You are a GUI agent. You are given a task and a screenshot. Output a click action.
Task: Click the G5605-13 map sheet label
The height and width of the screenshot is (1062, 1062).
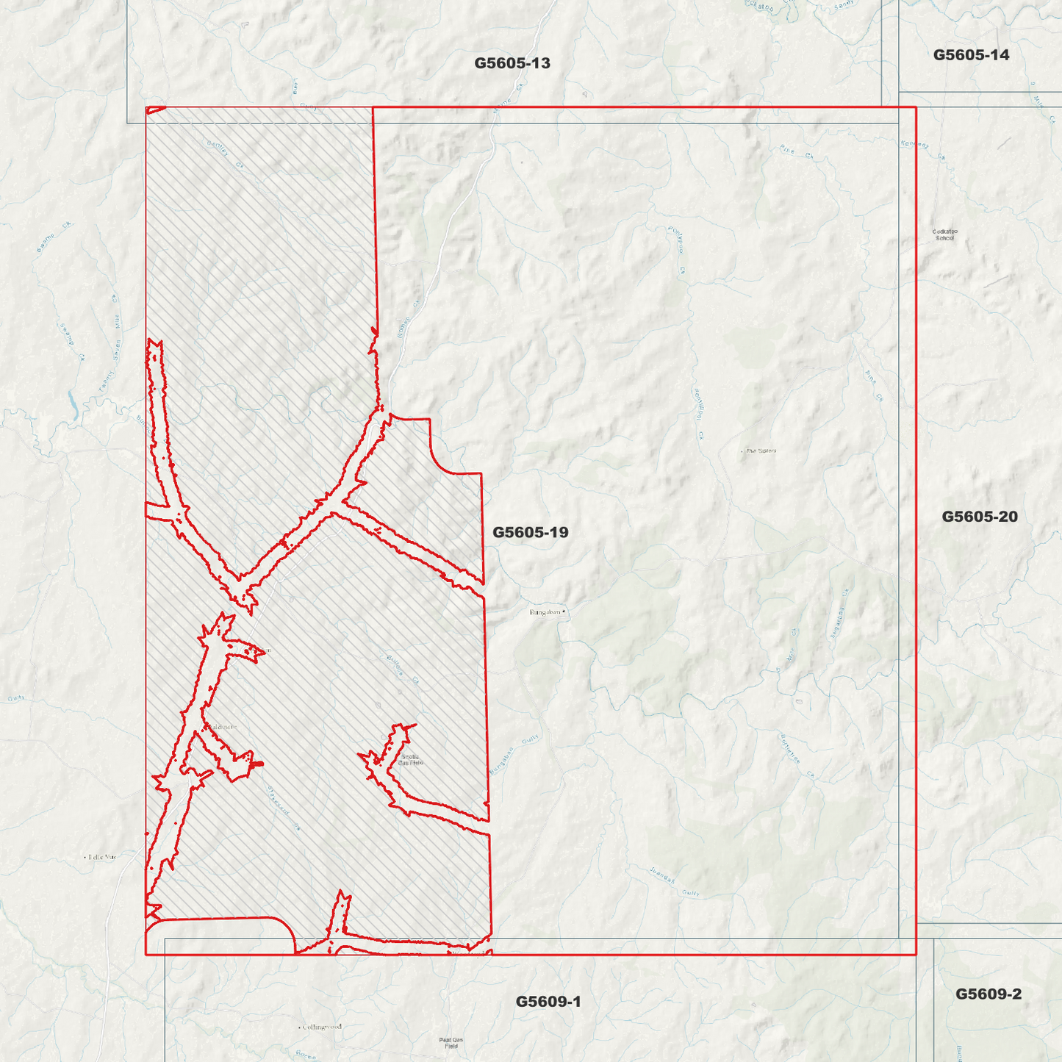coord(512,63)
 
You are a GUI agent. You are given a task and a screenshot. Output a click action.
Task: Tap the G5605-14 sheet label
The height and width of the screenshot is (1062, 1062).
coord(971,55)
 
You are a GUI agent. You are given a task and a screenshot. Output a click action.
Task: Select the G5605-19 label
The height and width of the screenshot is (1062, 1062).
coord(530,532)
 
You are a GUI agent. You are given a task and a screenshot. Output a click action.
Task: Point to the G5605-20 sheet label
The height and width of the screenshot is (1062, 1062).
coord(980,517)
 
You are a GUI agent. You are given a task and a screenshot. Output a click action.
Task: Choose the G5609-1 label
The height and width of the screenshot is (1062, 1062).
coord(548,1002)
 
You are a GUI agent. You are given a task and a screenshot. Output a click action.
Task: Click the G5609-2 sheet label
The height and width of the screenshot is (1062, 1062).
coord(988,994)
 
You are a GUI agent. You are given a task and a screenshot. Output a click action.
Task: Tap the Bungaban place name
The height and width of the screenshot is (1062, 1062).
coord(545,611)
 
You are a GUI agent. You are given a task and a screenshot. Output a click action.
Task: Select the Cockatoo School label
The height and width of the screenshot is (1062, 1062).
coord(944,234)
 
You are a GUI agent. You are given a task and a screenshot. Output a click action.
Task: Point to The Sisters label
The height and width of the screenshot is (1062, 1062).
coord(761,451)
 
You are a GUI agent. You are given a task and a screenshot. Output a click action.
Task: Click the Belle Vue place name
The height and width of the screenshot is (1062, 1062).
coord(101,857)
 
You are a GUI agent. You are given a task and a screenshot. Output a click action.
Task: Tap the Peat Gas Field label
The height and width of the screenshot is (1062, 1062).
coord(451,1043)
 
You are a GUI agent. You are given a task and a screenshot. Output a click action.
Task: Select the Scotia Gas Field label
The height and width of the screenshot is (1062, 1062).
coord(410,760)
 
